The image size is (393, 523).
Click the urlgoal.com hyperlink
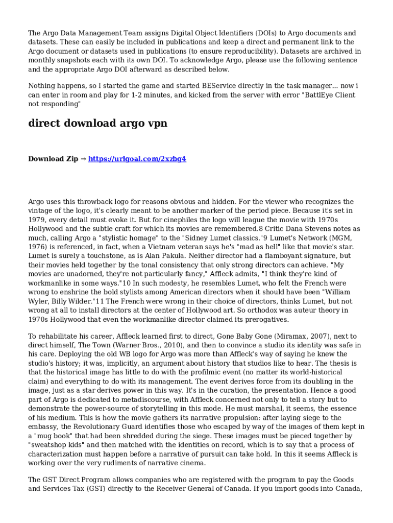pyautogui.click(x=137, y=159)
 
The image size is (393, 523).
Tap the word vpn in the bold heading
pyautogui.click(x=155, y=124)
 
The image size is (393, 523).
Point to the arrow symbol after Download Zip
pyautogui.click(x=83, y=159)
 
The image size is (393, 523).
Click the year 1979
pyautogui.click(x=38, y=220)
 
